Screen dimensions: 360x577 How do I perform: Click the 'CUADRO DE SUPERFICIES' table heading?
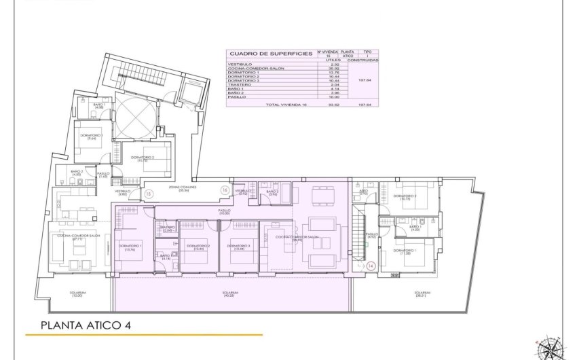[271, 53]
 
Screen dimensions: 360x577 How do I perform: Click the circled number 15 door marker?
[149, 194]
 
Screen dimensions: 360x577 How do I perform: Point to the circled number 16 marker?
[225, 191]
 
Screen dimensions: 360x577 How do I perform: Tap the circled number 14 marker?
[371, 266]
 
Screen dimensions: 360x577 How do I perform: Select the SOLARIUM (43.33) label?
[231, 295]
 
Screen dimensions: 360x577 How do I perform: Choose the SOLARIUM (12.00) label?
[77, 295]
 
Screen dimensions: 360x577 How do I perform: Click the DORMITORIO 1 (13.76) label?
[130, 247]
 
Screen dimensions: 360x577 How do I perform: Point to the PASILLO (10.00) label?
[225, 212]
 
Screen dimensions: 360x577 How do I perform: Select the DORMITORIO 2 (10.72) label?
[143, 159]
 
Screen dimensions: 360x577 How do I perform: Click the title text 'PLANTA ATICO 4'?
[85, 325]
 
